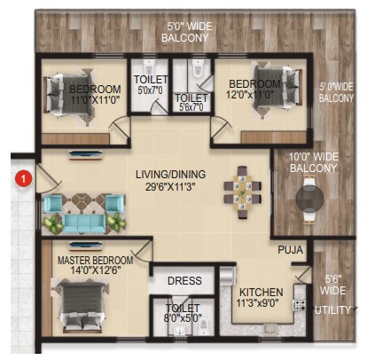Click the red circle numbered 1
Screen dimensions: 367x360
[x=25, y=178]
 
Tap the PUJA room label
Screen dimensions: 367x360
[x=290, y=250]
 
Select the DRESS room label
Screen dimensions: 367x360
[x=184, y=280]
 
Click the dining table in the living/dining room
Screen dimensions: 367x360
[x=242, y=192]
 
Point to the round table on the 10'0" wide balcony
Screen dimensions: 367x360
[x=309, y=198]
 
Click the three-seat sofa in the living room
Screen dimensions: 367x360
[x=85, y=223]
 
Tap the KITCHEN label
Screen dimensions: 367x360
[x=261, y=293]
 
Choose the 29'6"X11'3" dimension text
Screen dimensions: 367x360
[x=170, y=187]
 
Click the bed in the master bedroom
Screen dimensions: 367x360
[x=82, y=306]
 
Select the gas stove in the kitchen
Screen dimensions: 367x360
[x=299, y=305]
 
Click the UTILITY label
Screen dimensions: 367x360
[x=332, y=310]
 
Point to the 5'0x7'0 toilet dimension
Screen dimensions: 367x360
[x=150, y=90]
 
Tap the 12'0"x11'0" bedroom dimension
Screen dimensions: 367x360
[x=250, y=95]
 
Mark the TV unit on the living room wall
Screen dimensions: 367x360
[x=86, y=155]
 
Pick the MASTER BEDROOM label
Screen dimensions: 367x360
[x=95, y=261]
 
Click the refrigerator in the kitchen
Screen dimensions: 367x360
[x=228, y=276]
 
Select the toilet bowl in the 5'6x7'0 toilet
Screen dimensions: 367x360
[x=197, y=70]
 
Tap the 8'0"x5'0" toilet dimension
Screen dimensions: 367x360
[x=183, y=318]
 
